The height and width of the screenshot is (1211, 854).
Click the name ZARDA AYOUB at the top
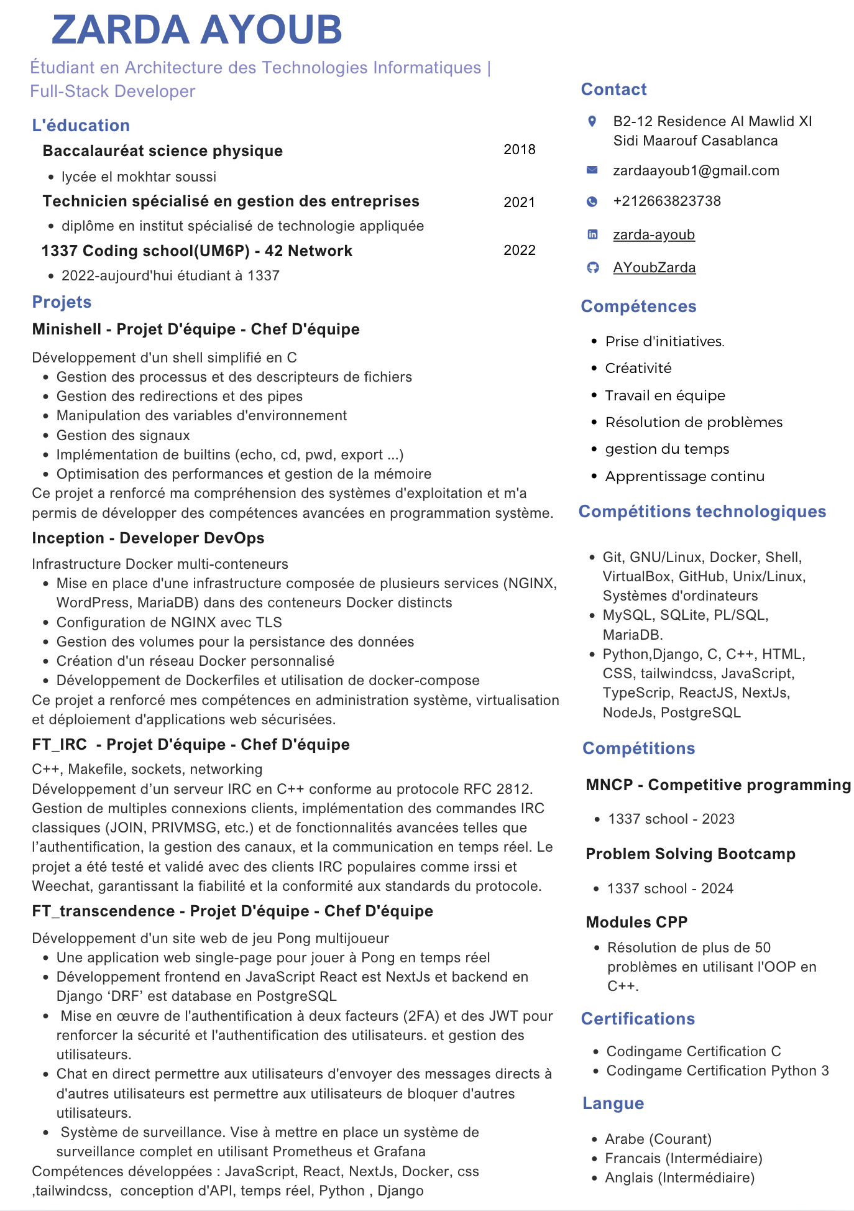196,29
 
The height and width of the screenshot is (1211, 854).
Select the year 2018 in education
519,149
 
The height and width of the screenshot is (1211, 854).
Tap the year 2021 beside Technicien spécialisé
519,202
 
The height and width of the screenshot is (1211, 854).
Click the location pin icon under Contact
592,121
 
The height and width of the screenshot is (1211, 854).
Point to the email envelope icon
592,170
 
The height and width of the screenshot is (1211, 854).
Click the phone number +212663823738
666,201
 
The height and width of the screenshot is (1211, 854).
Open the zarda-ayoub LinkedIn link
653,234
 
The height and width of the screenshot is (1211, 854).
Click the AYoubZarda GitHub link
654,267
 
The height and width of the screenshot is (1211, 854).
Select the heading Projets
62,302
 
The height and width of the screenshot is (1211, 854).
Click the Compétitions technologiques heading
702,512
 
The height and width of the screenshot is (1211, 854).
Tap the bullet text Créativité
638,368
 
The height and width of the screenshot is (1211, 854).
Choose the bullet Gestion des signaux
123,435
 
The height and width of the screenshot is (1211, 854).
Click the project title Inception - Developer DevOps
148,538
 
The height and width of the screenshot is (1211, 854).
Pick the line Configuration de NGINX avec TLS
169,622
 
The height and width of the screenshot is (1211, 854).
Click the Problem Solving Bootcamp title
690,854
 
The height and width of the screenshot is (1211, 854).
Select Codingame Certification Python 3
717,1071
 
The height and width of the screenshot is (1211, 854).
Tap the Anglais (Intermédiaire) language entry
679,1177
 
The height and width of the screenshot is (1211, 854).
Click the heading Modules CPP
636,922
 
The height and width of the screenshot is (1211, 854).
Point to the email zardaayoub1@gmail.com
696,170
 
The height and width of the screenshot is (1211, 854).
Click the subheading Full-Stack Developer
112,91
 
